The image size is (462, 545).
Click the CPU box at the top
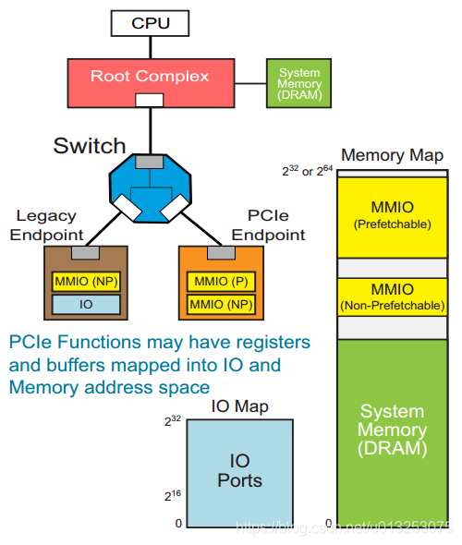click(151, 23)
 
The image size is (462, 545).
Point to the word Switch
click(90, 146)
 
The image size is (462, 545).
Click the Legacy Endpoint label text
click(46, 224)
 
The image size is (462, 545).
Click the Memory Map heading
click(393, 155)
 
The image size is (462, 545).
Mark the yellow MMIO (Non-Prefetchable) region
click(392, 297)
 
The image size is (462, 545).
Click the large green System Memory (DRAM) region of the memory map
click(392, 430)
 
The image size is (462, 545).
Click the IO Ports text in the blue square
click(239, 471)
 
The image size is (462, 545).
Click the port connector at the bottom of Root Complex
click(150, 100)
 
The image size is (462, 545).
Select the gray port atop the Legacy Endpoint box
click(86, 252)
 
